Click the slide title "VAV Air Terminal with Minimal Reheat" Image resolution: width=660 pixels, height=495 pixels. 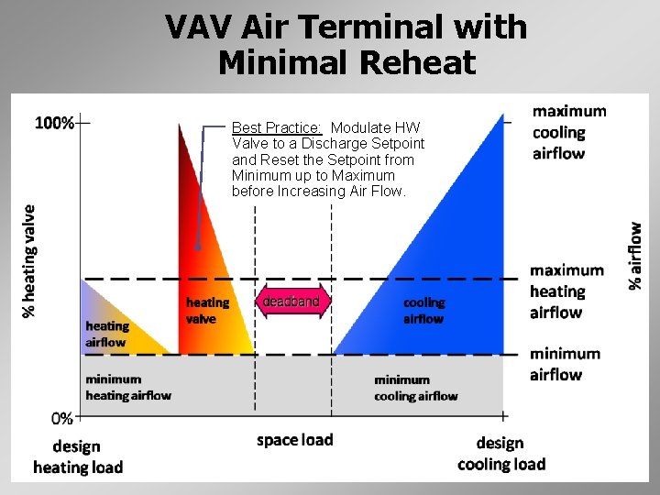point(346,44)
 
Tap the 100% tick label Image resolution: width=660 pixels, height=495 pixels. point(54,123)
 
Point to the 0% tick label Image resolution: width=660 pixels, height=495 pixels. point(62,418)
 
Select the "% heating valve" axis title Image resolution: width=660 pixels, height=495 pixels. point(28,260)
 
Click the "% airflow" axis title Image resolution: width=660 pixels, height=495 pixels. point(635,256)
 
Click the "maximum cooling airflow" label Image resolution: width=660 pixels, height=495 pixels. point(569,132)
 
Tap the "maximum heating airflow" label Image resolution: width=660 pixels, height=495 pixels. point(566,291)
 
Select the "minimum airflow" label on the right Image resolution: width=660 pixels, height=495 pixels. point(565,363)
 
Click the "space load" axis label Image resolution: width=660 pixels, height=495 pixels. point(294,440)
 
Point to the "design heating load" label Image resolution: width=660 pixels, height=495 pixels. point(78,457)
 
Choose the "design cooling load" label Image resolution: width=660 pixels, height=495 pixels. point(501,454)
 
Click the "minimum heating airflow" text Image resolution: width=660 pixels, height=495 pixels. point(127,387)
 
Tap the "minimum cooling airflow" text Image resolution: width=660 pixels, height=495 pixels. point(416,388)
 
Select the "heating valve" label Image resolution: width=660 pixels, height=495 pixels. point(207,311)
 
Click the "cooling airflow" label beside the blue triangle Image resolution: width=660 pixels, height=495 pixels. point(423,311)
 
